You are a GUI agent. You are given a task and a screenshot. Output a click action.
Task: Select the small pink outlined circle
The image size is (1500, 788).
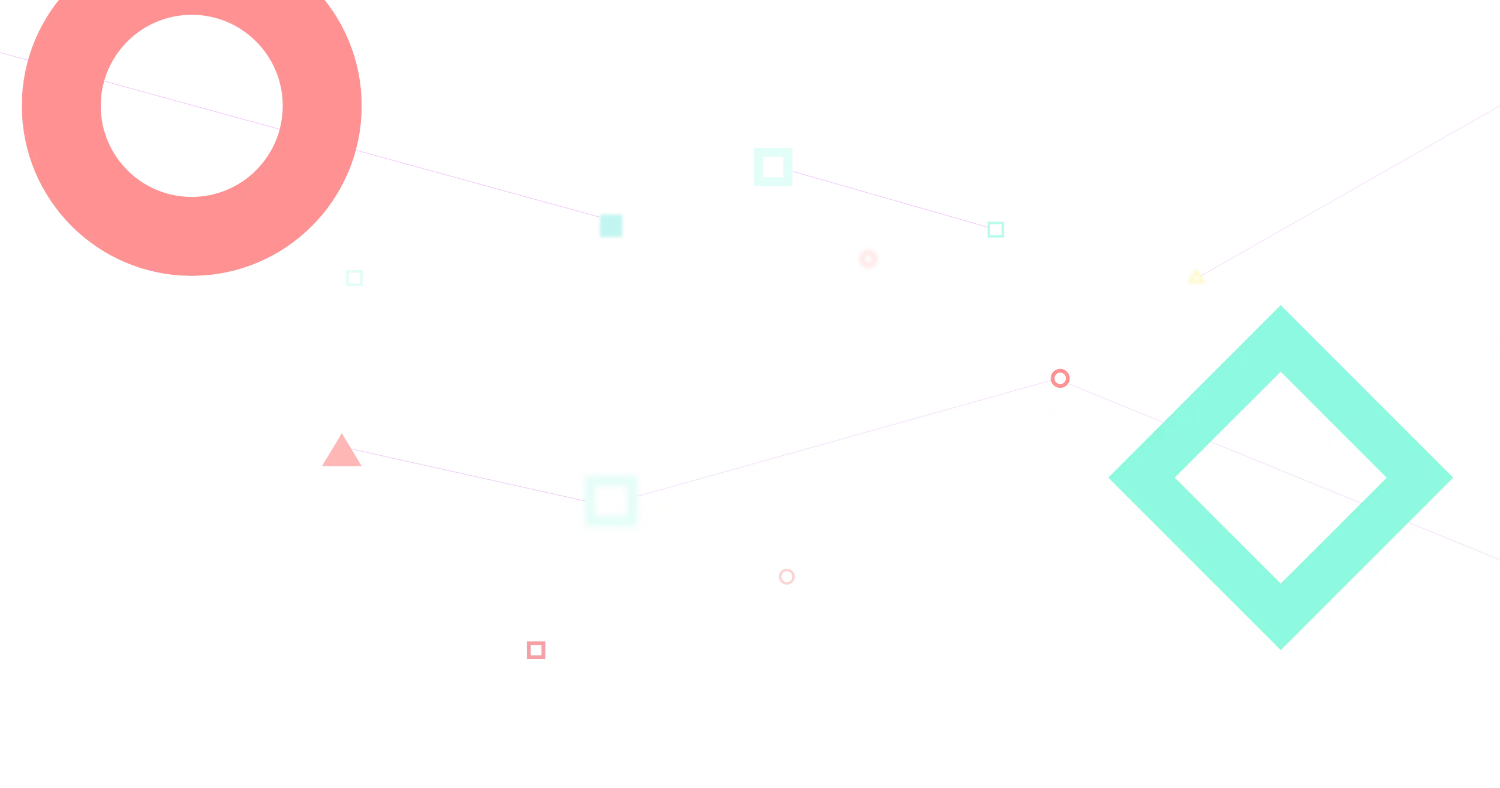786,576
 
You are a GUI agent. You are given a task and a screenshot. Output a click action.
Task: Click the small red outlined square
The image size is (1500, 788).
536,650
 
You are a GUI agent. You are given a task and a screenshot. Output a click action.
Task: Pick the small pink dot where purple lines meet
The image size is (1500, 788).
1060,378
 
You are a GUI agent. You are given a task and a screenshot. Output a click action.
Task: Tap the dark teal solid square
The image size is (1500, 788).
611,226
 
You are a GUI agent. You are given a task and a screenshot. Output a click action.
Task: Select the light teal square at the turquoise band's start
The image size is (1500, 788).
773,166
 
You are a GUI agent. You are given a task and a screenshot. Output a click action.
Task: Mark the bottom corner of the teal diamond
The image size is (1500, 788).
1280,644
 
